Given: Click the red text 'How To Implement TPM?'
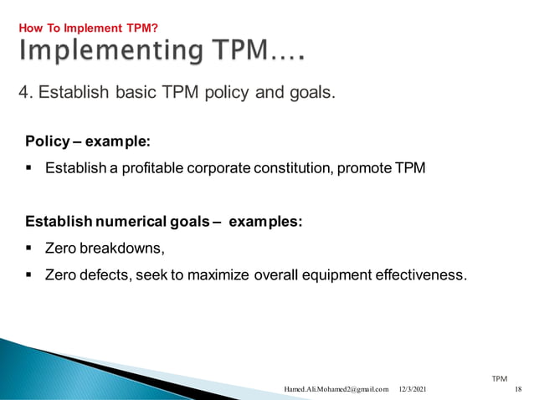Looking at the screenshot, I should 88,28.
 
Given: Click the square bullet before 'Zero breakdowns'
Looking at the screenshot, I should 29,248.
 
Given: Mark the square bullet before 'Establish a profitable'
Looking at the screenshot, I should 29,168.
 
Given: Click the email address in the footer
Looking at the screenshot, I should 336,389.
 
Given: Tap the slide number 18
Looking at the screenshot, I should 517,389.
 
